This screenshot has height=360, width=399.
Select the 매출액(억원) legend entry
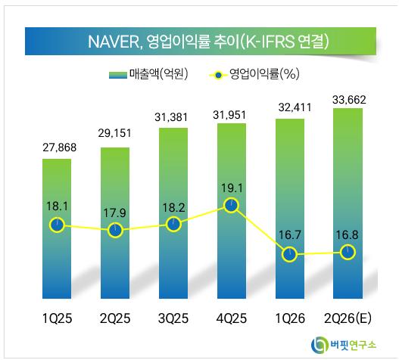click(148, 74)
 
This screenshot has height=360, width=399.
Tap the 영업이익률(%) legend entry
click(254, 74)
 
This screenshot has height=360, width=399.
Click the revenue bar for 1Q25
click(57, 228)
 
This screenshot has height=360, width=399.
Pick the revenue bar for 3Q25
click(173, 213)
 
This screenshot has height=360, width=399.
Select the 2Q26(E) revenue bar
click(348, 203)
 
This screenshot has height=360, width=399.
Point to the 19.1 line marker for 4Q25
click(232, 206)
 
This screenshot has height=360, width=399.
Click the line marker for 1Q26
click(289, 254)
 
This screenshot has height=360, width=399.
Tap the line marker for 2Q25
click(115, 230)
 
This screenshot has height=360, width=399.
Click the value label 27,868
click(60, 147)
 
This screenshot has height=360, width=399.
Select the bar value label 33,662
click(349, 100)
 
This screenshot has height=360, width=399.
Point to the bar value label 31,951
click(229, 115)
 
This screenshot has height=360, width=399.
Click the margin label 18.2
click(174, 208)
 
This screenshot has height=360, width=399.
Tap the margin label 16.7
click(290, 235)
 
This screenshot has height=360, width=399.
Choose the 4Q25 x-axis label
click(232, 318)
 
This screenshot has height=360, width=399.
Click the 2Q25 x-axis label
click(115, 318)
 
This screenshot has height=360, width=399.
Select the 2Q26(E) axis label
click(348, 318)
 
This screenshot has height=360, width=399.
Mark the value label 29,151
click(115, 133)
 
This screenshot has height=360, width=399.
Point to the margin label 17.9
click(114, 213)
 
